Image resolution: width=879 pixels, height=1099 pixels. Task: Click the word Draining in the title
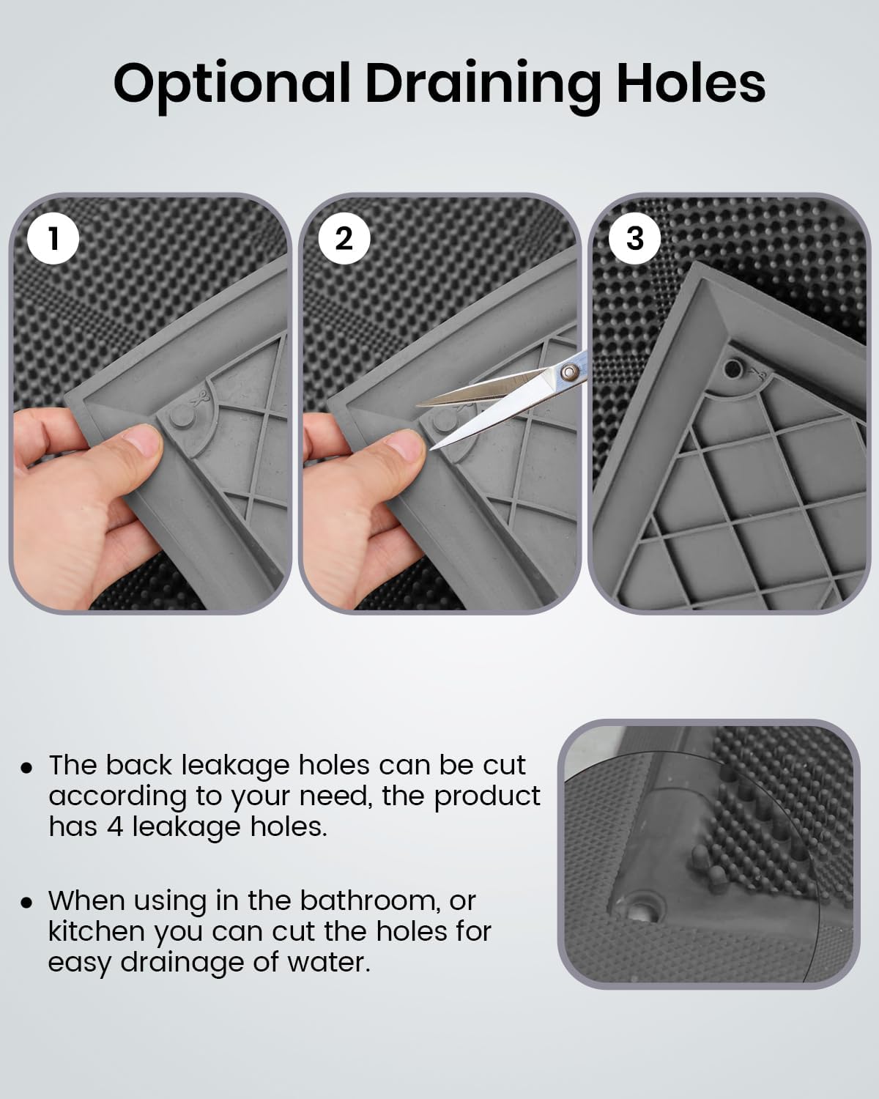coord(483,84)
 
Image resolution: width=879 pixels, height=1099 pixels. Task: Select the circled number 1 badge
coord(53,238)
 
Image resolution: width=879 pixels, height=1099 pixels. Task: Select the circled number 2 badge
coord(344,238)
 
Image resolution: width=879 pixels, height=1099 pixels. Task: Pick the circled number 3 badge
coord(634,238)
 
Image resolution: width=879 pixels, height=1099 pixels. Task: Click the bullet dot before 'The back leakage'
coord(27,767)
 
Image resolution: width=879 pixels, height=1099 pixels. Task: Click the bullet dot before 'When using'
coord(27,902)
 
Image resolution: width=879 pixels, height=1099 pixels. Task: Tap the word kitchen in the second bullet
coord(97,931)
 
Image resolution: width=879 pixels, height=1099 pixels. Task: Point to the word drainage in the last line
coord(184,963)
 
